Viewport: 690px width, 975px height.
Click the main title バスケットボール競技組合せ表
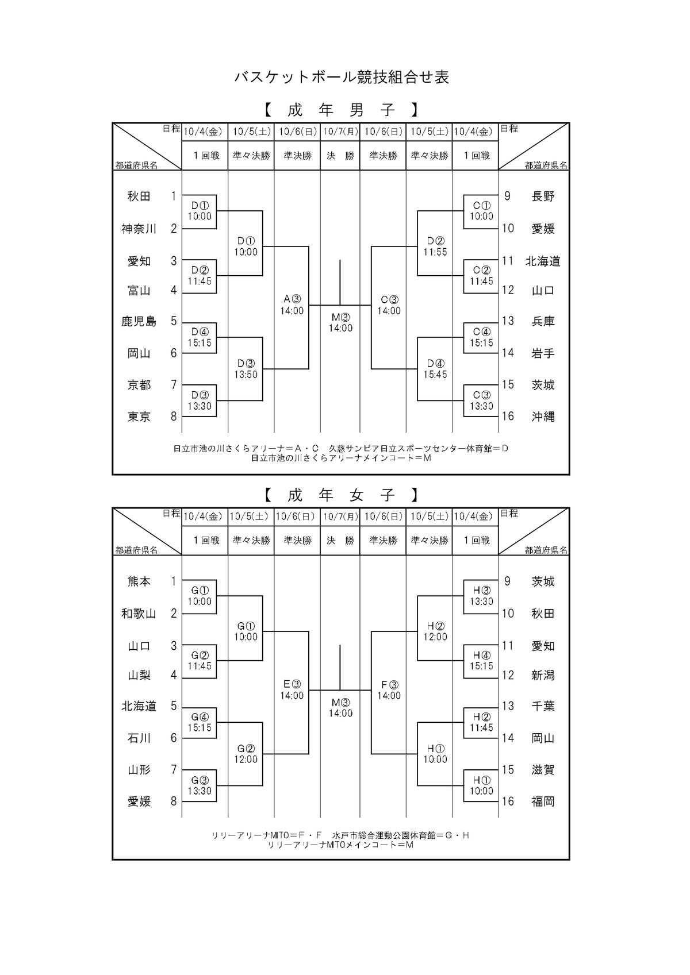click(x=342, y=78)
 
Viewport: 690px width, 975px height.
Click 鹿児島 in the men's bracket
click(x=139, y=321)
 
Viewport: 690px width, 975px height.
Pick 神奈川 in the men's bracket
click(x=139, y=229)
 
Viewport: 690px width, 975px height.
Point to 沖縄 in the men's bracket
click(x=543, y=417)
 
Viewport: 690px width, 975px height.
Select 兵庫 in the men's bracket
click(x=543, y=321)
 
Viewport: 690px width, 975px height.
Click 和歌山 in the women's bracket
click(x=139, y=614)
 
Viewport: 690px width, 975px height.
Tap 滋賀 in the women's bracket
click(x=543, y=770)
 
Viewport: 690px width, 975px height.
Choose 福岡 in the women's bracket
click(x=543, y=801)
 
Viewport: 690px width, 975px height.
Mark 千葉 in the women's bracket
click(x=543, y=706)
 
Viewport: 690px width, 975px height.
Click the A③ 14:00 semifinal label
click(x=292, y=305)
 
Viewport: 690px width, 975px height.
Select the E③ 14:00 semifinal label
click(x=292, y=690)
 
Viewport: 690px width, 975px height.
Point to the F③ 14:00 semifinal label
click(x=389, y=690)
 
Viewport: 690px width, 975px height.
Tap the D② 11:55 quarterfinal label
click(x=435, y=246)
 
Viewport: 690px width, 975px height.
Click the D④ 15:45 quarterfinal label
click(x=435, y=369)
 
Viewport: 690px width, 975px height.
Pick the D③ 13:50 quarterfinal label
click(x=246, y=369)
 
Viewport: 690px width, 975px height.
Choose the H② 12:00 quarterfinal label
click(x=435, y=631)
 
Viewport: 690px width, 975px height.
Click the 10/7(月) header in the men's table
click(x=340, y=132)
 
